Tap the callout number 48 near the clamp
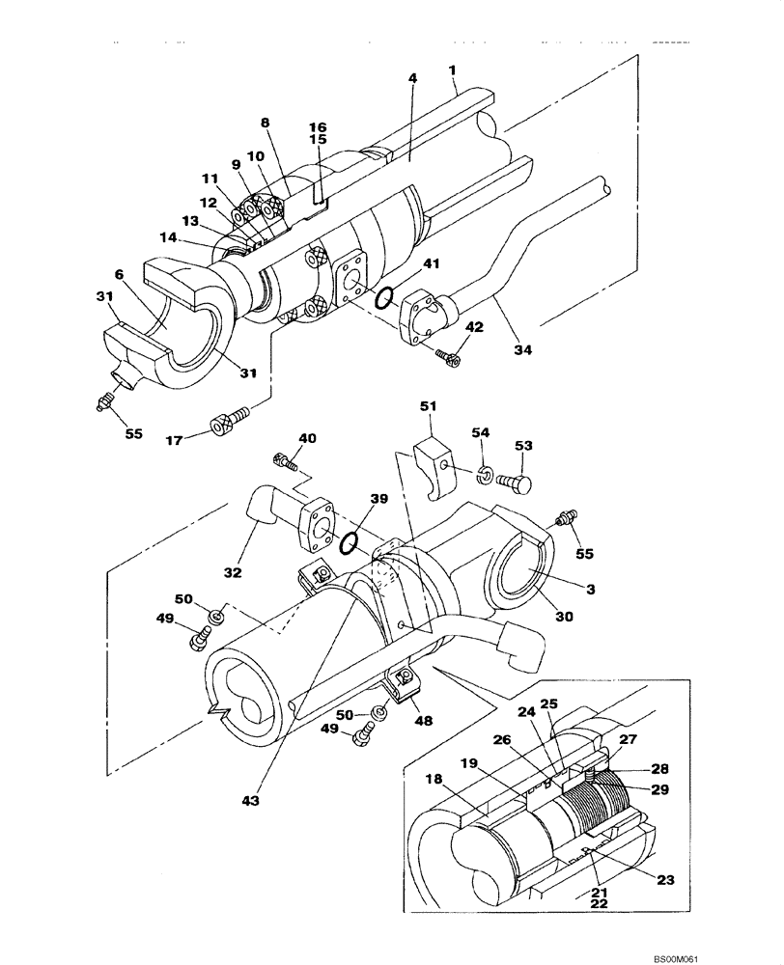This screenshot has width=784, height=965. tap(423, 719)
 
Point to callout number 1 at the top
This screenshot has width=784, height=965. tap(452, 70)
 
